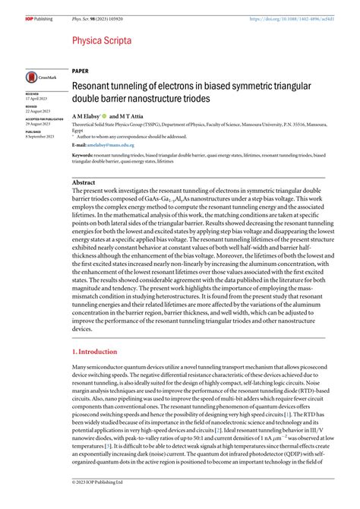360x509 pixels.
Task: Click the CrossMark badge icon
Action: [x=39, y=77]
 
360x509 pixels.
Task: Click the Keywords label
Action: [x=83, y=155]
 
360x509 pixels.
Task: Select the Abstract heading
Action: [x=84, y=183]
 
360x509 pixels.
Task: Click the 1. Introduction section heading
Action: [x=95, y=352]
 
